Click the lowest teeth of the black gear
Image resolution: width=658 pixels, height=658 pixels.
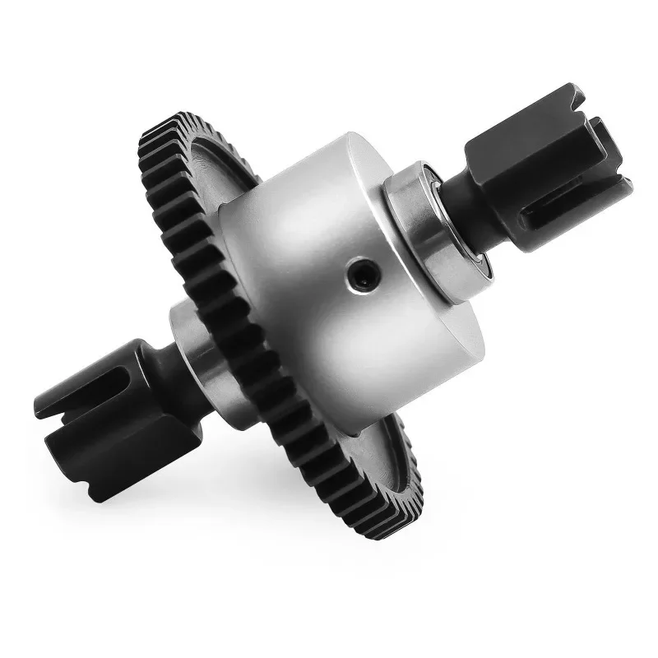click(x=378, y=526)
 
